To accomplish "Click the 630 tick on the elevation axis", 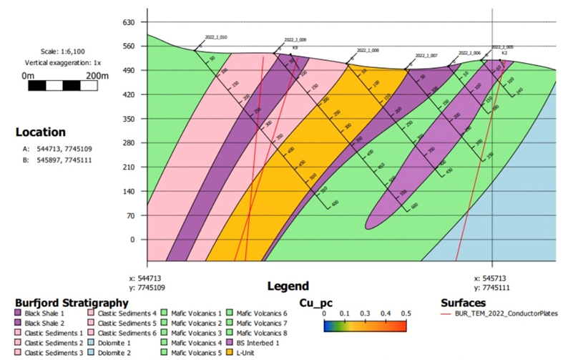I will pyautogui.click(x=129, y=22).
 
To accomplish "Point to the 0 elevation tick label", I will pyautogui.click(x=132, y=240).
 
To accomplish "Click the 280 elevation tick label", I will pyautogui.click(x=129, y=143).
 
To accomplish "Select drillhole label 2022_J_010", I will pyautogui.click(x=214, y=37).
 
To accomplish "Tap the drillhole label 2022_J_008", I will pyautogui.click(x=368, y=51).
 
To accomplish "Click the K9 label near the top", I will pyautogui.click(x=295, y=47).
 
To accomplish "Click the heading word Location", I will pyautogui.click(x=41, y=132).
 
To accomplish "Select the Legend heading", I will pyautogui.click(x=288, y=286).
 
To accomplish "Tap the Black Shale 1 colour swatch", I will pyautogui.click(x=17, y=313).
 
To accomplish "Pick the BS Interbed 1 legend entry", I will pyautogui.click(x=257, y=342).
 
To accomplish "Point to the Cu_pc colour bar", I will pyautogui.click(x=364, y=326).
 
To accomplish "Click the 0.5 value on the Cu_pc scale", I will pyautogui.click(x=406, y=313).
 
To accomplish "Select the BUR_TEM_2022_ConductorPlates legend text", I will pyautogui.click(x=508, y=313).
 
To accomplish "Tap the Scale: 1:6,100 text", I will pyautogui.click(x=63, y=52).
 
